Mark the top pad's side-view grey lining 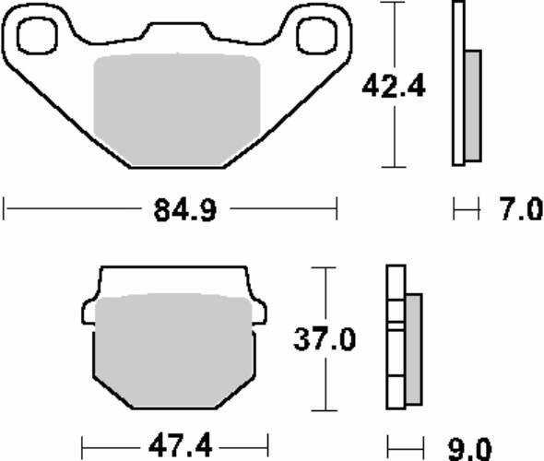click(473, 103)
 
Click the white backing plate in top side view click(457, 83)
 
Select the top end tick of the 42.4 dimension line click(394, 4)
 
